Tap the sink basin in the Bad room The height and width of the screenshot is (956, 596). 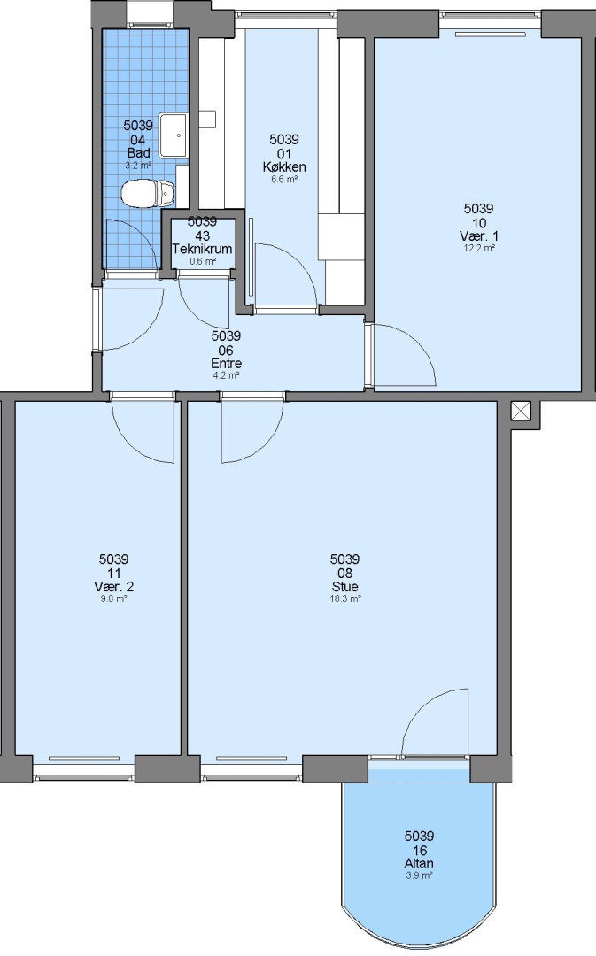point(174,135)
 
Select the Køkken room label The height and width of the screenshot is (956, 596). point(284,166)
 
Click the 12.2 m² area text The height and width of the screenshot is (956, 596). point(479,248)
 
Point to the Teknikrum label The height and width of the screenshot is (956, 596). point(202,249)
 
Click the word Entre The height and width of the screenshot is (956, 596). point(227,364)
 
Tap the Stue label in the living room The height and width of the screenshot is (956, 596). point(344,587)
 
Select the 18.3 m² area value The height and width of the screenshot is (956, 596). point(344,598)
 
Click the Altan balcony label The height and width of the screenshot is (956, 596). point(419,863)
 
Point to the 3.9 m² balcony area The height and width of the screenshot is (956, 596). point(419,875)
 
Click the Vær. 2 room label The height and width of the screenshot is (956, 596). point(113,587)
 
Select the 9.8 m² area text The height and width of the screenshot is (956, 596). point(113,598)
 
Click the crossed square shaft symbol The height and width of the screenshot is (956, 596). point(521,411)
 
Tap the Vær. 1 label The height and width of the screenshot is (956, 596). point(479,236)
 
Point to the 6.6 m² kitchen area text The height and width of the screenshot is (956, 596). point(284,179)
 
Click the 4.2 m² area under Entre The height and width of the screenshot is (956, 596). point(227,375)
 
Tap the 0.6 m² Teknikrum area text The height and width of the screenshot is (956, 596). point(202,261)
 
